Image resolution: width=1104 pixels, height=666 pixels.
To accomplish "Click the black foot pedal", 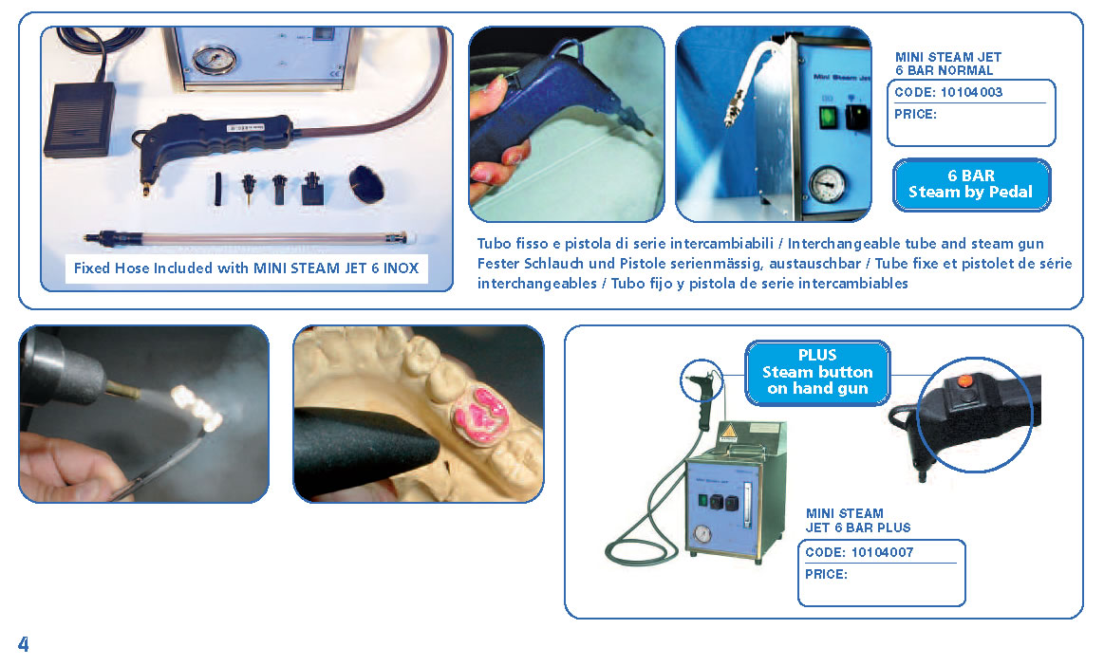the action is point(80,119).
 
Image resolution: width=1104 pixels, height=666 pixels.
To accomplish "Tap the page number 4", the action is point(24,643).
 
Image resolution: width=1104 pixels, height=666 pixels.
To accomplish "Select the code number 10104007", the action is point(882,553).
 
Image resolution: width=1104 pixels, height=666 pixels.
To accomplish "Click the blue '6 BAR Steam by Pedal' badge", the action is point(971,184).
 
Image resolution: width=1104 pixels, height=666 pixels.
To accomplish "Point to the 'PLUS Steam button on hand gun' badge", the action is point(816,373).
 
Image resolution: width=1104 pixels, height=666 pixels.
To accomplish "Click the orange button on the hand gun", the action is point(965,380).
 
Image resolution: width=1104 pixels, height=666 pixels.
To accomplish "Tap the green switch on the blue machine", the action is point(828,117).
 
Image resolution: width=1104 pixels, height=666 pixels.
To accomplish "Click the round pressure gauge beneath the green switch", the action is point(828,184).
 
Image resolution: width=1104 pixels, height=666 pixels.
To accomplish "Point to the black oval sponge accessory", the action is point(366,184).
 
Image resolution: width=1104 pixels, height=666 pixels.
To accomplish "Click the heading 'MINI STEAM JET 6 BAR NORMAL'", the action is point(947,64).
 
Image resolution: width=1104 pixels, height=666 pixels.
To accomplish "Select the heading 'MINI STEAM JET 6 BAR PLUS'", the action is point(857,520).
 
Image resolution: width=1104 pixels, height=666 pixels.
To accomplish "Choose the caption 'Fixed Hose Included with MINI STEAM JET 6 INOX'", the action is point(247,268).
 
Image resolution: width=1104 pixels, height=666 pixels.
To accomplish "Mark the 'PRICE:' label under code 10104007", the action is point(826,575).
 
